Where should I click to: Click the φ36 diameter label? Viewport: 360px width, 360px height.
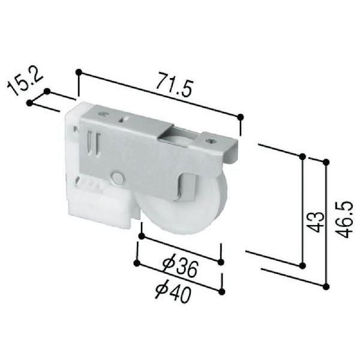tap(180, 266)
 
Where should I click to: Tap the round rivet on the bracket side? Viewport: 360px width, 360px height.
tap(118, 178)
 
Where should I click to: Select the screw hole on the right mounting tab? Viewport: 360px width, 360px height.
tap(210, 142)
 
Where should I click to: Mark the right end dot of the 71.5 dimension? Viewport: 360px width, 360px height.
tap(240, 116)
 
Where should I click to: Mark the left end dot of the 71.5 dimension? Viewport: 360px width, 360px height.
tap(79, 72)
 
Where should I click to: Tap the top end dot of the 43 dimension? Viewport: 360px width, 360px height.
tap(302, 157)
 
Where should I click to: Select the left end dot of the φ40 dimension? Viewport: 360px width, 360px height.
tap(137, 263)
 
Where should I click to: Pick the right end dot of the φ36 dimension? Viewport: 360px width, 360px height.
tap(221, 262)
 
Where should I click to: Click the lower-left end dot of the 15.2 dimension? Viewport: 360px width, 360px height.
tap(29, 103)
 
